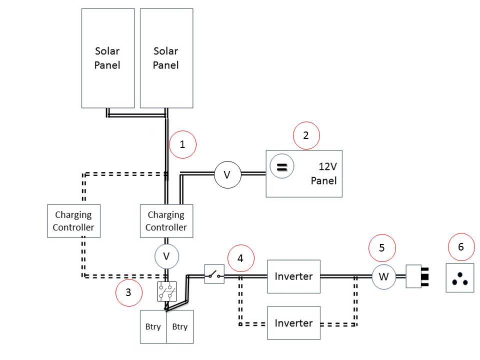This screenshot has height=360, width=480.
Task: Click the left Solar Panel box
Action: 108,57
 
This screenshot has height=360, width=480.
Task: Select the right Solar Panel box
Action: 166,57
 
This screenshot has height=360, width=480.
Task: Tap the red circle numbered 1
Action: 182,144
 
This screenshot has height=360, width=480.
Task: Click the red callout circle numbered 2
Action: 305,135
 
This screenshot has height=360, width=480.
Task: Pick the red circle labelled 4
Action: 240,258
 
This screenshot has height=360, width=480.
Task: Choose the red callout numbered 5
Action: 382,248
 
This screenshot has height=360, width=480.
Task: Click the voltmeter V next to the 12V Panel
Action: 227,174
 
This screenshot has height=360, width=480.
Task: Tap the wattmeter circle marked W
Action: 383,276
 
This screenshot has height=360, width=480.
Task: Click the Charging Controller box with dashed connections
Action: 74,221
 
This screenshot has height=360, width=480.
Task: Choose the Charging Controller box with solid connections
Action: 166,221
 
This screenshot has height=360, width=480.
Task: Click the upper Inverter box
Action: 294,276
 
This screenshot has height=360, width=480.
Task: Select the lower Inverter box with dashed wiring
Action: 294,323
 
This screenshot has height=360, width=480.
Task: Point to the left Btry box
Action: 153,326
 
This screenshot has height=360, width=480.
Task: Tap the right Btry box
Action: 179,326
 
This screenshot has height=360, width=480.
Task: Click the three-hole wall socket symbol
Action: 459,278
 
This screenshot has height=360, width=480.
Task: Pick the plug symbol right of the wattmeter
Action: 417,276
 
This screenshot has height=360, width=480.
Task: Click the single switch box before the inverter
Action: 214,274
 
